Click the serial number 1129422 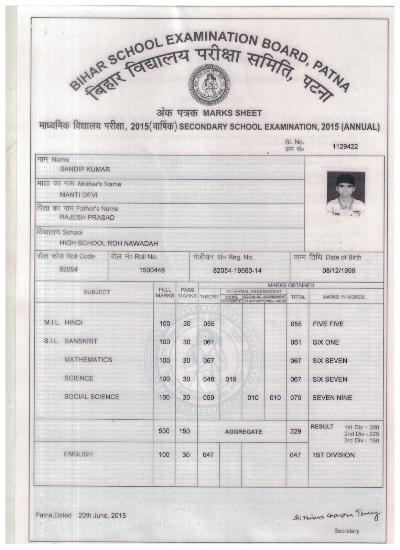pos(345,146)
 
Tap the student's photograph pos(346,194)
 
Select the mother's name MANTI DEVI pos(78,195)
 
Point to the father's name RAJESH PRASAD pos(87,218)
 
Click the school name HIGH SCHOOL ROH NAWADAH pos(109,244)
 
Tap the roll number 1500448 pos(152,270)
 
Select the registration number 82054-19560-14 pos(237,271)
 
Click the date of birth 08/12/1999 pos(339,270)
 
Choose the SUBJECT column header pos(97,292)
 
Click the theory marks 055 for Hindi pos(208,324)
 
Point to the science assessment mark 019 pos(230,379)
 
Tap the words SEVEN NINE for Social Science pos(332,398)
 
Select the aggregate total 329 pos(295,431)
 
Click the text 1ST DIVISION pos(333,455)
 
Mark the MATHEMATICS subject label pos(88,360)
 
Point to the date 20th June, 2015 pos(102,516)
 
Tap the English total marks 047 pos(295,455)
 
